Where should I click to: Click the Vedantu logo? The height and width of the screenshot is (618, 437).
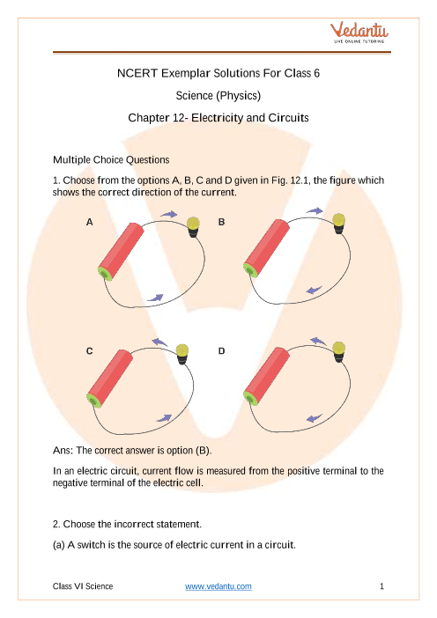tap(359, 33)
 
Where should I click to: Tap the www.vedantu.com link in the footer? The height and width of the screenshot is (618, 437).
tap(218, 586)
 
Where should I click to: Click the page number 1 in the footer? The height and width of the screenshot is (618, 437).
tap(381, 586)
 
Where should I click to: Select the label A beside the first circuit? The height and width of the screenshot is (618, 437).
tap(90, 223)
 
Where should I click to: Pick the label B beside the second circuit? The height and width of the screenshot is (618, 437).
tap(222, 223)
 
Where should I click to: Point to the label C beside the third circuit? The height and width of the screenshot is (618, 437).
tap(90, 351)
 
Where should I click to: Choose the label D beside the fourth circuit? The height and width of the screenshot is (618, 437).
tap(222, 351)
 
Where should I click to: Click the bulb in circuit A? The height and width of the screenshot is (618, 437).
tap(193, 227)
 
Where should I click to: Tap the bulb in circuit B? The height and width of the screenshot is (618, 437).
tap(339, 224)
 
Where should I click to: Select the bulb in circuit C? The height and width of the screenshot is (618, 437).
tap(181, 354)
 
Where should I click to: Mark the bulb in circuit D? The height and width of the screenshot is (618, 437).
tap(339, 352)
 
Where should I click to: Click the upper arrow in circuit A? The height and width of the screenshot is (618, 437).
tap(169, 215)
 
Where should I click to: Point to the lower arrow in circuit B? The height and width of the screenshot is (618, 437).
tap(315, 290)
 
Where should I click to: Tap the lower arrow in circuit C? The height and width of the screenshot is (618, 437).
tap(164, 418)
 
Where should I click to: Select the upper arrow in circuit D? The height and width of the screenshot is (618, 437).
tap(318, 342)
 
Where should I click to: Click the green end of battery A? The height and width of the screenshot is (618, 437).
tap(106, 273)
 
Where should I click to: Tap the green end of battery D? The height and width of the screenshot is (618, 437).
tap(251, 398)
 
